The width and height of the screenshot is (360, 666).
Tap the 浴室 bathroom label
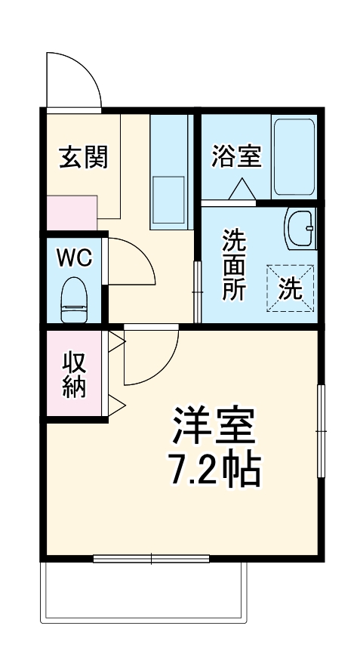236,157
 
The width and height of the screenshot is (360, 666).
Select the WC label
75,257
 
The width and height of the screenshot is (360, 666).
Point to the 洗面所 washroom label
233,266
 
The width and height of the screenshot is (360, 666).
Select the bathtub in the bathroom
294,157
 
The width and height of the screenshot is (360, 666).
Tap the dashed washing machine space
289,288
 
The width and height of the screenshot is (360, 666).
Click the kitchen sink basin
168,197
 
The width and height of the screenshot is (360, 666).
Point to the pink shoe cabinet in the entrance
72,212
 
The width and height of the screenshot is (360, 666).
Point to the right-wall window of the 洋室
321,430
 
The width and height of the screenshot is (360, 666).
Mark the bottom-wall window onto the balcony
151,559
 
